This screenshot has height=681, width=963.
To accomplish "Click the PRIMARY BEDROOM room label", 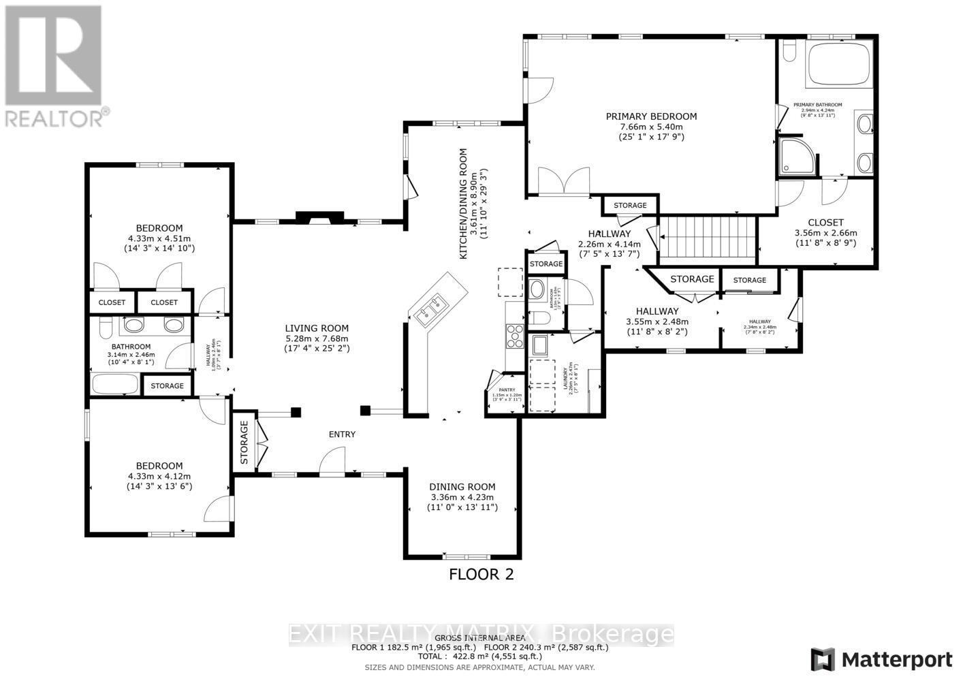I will click(651, 116).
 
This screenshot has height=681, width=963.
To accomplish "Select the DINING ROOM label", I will click(462, 487).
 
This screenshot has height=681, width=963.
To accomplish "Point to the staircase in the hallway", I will click(708, 236).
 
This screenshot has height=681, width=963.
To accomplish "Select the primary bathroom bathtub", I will click(838, 64).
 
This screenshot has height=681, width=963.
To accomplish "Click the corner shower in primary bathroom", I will click(793, 157).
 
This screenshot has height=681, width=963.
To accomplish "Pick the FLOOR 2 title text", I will click(481, 574).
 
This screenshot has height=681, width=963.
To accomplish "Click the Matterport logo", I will click(881, 659).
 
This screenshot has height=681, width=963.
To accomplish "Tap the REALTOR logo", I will click(53, 65).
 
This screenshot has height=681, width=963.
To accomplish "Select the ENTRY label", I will click(342, 434).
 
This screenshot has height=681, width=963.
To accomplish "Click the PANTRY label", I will click(506, 390).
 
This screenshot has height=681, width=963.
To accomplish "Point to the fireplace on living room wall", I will click(319, 218).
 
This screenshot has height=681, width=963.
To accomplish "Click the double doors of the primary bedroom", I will click(563, 183).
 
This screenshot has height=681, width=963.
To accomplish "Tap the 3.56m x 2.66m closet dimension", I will click(825, 232).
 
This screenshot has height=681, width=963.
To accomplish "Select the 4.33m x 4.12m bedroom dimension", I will click(159, 477).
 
